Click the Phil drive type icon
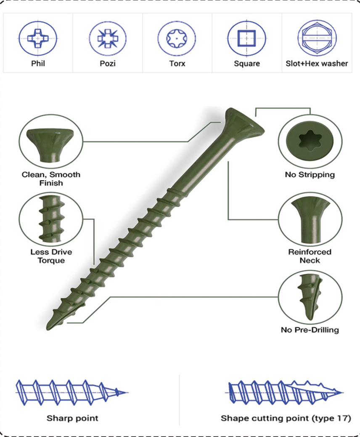point(38,38)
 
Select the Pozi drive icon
point(108,38)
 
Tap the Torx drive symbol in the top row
point(177,38)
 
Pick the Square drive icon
point(247,38)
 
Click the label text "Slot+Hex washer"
point(317,64)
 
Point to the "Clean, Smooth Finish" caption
point(51,179)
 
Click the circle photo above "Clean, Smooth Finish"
point(51,141)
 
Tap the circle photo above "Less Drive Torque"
point(51,219)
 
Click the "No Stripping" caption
point(310,175)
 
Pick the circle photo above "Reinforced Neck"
point(310,219)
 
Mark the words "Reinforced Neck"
point(310,256)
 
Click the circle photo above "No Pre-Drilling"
point(310,297)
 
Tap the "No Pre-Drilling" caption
point(310,330)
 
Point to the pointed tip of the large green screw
point(48,328)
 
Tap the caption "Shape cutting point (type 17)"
point(286,418)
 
